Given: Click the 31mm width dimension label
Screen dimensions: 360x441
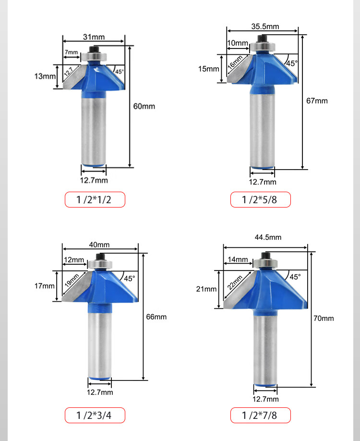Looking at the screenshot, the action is click(94, 37).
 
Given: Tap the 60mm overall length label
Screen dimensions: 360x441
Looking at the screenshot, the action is click(144, 106).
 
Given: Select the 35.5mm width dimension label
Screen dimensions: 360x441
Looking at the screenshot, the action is click(265, 26).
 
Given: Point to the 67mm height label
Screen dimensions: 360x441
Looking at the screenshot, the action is click(317, 101).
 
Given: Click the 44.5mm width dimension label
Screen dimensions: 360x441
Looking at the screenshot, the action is click(268, 237).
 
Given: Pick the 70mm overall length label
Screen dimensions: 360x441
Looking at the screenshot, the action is click(324, 318).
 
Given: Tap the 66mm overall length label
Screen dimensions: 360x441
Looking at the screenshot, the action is click(156, 317).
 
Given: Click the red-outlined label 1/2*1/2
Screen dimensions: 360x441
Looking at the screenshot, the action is click(95, 200).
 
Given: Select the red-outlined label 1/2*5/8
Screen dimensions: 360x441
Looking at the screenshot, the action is click(261, 200).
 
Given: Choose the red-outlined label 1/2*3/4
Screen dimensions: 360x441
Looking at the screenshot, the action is click(95, 416).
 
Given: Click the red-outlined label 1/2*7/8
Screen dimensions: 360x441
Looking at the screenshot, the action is click(261, 416).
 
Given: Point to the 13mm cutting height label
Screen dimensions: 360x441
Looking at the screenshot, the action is click(45, 76).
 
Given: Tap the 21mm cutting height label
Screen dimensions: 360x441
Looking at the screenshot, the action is click(206, 289).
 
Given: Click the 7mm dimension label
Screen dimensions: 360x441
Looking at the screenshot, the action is click(72, 52).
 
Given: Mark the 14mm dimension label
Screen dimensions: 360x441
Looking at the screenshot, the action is click(238, 259).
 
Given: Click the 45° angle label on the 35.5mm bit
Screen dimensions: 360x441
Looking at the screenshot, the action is click(292, 63).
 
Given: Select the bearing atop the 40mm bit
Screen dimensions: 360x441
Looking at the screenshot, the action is click(100, 264).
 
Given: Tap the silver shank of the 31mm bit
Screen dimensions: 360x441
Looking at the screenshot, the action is click(94, 129).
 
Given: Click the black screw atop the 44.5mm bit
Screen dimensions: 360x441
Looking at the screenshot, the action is click(265, 256).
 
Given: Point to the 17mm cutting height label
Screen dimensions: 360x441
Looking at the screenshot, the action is click(45, 286).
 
